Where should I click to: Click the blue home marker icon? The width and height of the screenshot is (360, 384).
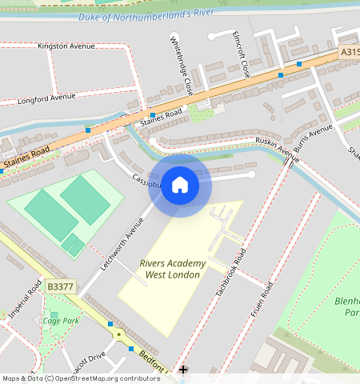180,185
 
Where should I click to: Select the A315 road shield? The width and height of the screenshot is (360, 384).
349,52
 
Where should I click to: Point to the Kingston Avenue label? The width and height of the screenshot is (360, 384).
66,46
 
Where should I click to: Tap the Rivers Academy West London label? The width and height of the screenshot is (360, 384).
172,269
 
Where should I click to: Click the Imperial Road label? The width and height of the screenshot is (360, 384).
24,299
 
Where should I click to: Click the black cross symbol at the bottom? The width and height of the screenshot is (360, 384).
183,370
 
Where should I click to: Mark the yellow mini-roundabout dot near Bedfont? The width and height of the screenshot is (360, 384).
120,334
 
